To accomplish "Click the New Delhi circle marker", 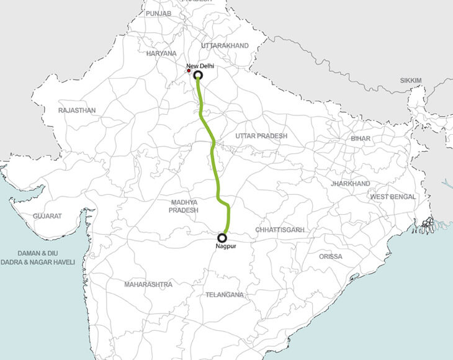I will [198, 76].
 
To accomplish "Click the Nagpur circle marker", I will [222, 237].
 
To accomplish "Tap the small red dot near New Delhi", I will [189, 71].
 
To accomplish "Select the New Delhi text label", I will [200, 65].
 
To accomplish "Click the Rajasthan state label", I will [77, 110].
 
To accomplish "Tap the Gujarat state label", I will [48, 215].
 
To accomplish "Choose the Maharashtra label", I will [148, 284].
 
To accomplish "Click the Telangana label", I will [225, 295].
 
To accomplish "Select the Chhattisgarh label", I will [280, 230].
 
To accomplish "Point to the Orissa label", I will [330, 256].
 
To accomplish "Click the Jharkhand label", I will [351, 184].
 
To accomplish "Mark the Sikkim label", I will [411, 81].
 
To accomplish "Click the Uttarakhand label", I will [225, 46].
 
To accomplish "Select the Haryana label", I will [161, 53].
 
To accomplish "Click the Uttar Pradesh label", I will [262, 135].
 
